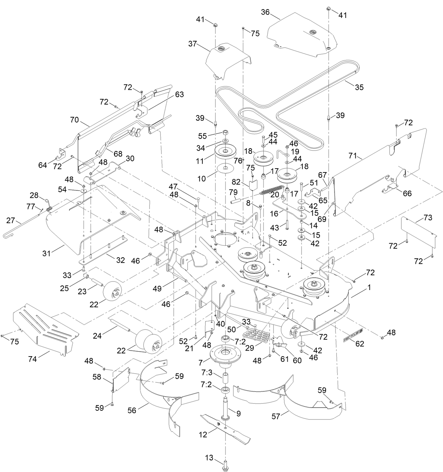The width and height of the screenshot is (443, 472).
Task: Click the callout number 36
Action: coord(265,12)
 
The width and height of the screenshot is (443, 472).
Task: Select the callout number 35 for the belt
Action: coord(359,87)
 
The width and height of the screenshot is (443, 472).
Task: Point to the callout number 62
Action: coord(360,344)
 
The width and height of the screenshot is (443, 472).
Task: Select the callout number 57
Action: coord(276,416)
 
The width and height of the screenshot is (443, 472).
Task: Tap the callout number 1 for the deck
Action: coord(369,287)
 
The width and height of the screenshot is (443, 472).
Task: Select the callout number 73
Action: coord(428,218)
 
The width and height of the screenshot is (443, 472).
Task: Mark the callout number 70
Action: coord(74,120)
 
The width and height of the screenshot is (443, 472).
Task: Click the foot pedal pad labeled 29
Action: coord(256,335)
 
